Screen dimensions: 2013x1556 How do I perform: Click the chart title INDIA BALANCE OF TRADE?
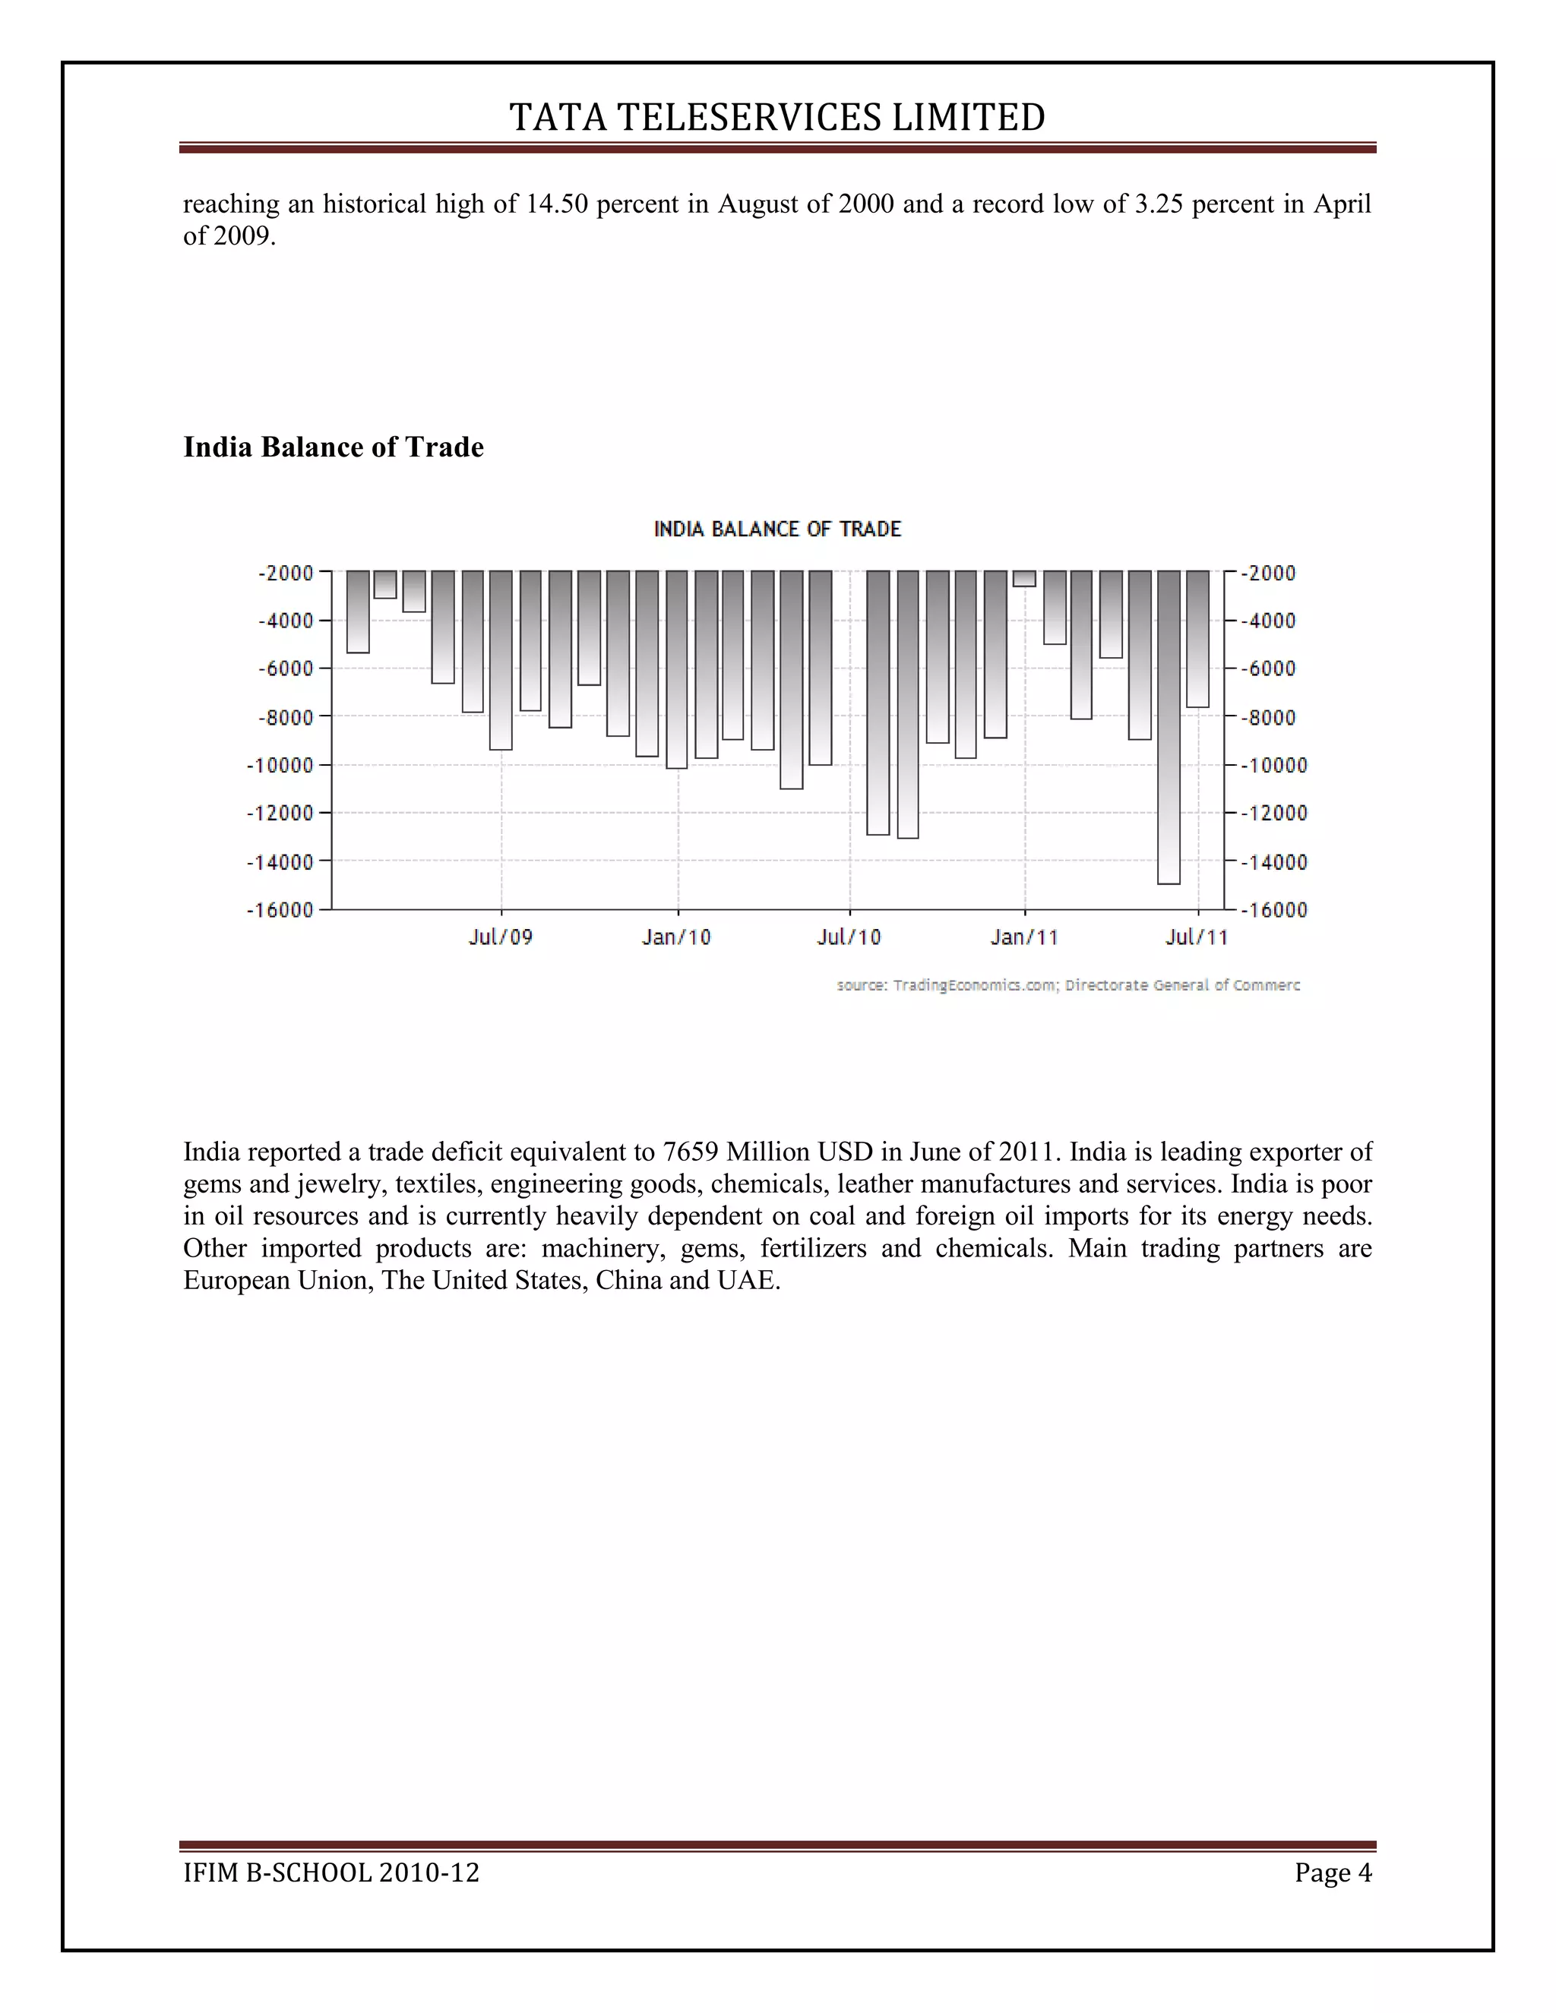[777, 529]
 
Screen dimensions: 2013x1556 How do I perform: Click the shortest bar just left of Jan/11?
[1023, 578]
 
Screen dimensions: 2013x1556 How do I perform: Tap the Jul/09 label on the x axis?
[501, 937]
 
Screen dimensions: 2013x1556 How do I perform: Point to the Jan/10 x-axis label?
[677, 937]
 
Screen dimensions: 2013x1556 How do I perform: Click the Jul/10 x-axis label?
[849, 937]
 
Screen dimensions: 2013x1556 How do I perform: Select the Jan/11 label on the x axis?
[1024, 937]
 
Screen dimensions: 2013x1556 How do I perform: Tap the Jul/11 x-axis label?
[1197, 937]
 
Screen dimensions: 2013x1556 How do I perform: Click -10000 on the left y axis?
[280, 765]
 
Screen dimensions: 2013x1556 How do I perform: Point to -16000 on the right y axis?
[1273, 910]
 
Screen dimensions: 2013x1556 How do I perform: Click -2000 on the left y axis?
[286, 574]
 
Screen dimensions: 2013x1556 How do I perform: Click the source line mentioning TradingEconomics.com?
[1067, 985]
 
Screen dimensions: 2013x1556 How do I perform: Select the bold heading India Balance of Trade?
[333, 447]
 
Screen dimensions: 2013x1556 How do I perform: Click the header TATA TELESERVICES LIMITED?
[777, 117]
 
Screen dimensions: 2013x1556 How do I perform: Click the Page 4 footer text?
[1332, 1873]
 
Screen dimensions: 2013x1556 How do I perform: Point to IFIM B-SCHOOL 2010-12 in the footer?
[331, 1873]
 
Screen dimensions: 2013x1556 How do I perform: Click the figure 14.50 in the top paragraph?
[556, 204]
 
